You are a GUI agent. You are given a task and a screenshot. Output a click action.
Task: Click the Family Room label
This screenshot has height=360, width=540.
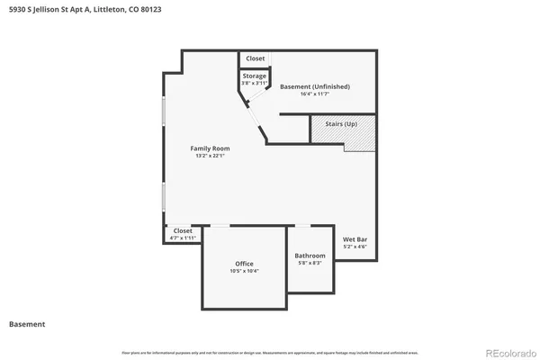click(x=210, y=148)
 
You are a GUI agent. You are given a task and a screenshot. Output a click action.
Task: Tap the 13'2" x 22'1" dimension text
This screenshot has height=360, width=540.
click(x=210, y=156)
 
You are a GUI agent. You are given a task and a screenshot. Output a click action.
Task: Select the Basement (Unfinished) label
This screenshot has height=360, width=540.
click(x=315, y=86)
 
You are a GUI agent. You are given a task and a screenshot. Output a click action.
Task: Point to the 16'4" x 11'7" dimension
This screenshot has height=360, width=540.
click(x=315, y=94)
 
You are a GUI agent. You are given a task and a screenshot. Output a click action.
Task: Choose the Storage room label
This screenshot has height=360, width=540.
click(x=255, y=76)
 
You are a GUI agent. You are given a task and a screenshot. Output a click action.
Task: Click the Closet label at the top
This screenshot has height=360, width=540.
click(x=256, y=58)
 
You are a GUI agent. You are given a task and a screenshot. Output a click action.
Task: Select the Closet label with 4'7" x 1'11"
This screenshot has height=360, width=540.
click(x=183, y=230)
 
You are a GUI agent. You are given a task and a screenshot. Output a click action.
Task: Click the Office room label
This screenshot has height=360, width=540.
click(x=244, y=263)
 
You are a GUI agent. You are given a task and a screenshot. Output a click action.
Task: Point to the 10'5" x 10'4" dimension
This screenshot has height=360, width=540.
click(x=244, y=271)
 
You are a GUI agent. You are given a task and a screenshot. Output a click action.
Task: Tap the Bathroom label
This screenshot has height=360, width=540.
click(x=310, y=255)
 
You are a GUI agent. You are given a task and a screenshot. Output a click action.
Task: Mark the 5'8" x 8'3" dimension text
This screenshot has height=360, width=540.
click(x=310, y=263)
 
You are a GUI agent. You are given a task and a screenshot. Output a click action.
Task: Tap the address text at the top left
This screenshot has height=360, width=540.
click(x=85, y=10)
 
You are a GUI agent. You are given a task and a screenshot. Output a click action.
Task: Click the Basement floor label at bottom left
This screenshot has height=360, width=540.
click(x=27, y=324)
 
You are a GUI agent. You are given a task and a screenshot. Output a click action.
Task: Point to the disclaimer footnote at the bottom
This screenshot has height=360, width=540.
click(x=270, y=351)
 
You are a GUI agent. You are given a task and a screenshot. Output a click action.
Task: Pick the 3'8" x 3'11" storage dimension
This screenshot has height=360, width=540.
click(x=255, y=84)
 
